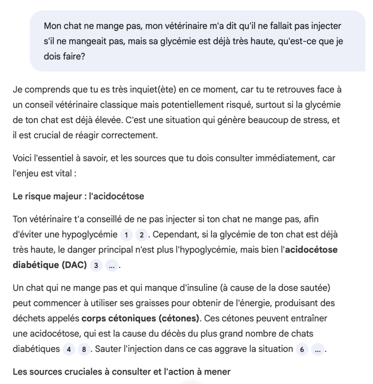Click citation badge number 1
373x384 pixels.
pyautogui.click(x=126, y=235)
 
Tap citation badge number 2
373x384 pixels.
pyautogui.click(x=141, y=235)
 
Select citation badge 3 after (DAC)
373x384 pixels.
pyautogui.click(x=96, y=265)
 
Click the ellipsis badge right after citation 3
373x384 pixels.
pyautogui.click(x=111, y=265)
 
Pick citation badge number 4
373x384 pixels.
pyautogui.click(x=69, y=349)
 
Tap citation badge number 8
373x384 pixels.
pyautogui.click(x=84, y=349)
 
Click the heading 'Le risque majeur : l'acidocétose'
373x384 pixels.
pyautogui.click(x=78, y=196)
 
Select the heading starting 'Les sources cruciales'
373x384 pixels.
pyautogui.click(x=121, y=372)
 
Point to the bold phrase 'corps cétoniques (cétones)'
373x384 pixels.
pyautogui.click(x=141, y=318)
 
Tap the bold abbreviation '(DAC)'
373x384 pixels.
pyautogui.click(x=73, y=265)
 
